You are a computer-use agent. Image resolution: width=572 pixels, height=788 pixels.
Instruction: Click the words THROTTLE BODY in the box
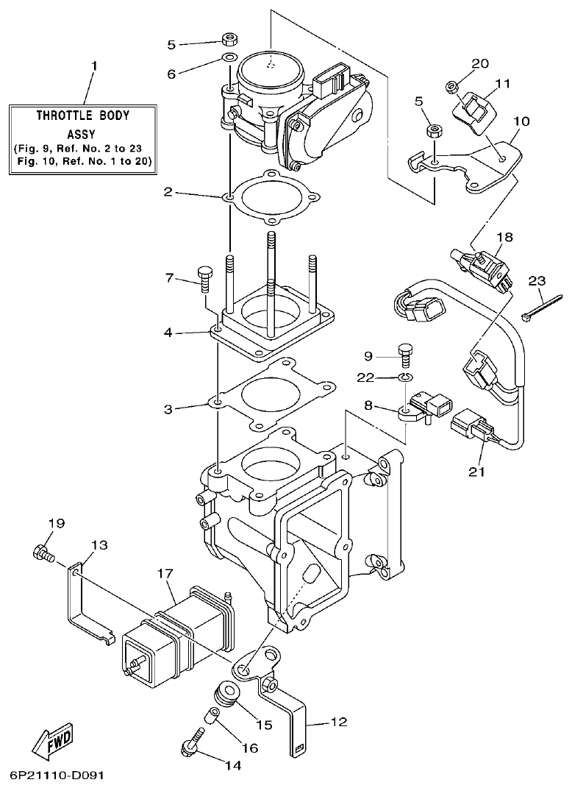coord(83,116)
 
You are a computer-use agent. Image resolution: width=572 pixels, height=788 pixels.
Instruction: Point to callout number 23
coord(537,281)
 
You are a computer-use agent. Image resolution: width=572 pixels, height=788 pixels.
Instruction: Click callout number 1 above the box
coord(93,66)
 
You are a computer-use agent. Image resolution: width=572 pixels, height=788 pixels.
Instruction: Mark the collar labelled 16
coord(212,713)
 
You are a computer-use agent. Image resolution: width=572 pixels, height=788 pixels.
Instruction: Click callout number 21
coord(477,472)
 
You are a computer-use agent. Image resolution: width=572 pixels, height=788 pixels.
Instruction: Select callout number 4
coord(168,333)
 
